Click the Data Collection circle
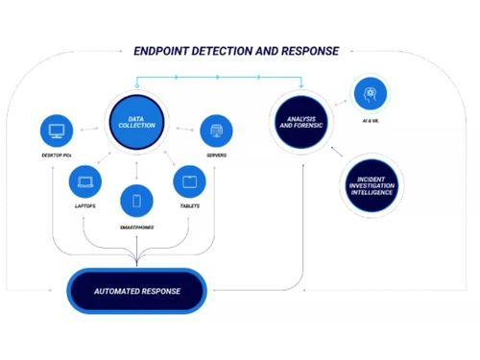pos(136,120)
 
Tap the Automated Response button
pos(136,290)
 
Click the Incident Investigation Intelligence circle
pos(372,184)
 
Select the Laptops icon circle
pos(85,180)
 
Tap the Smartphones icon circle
pos(136,202)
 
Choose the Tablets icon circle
pos(189,180)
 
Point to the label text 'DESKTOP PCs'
pos(57,156)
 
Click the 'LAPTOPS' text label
pos(85,204)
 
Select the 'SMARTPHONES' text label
pos(136,228)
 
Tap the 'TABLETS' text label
pos(189,204)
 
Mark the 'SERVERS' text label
pos(216,156)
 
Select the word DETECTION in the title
pos(234,51)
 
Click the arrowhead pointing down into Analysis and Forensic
pos(300,90)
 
